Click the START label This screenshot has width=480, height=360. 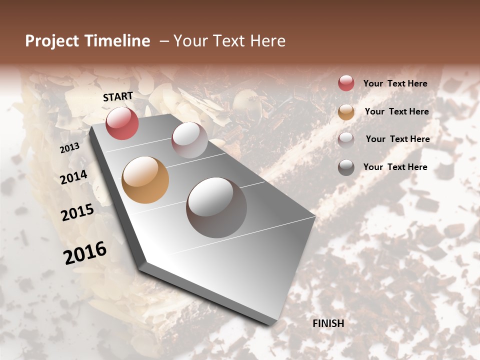coord(118,96)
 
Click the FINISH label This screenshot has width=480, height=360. coord(328,323)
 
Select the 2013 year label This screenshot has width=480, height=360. coord(70,148)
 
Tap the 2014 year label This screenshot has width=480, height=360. coord(74,177)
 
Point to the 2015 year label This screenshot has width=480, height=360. coord(77,212)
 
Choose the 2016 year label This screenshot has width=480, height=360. coord(85,252)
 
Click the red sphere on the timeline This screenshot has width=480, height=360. coord(122,123)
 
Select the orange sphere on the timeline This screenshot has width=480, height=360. coord(145,180)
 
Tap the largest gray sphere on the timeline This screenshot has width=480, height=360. coord(216,207)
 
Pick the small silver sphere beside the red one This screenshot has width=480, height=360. coord(189,140)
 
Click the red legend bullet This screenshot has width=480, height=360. coord(346,83)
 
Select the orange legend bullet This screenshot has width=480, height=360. coord(346,112)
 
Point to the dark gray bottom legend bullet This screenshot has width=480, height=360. coord(346,167)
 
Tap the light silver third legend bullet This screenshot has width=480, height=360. coord(346,139)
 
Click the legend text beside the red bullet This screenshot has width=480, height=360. coord(395,84)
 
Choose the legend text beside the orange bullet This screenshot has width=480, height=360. coord(396,111)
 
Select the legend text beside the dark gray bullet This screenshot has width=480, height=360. coord(395,167)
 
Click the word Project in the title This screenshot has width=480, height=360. coord(52,41)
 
